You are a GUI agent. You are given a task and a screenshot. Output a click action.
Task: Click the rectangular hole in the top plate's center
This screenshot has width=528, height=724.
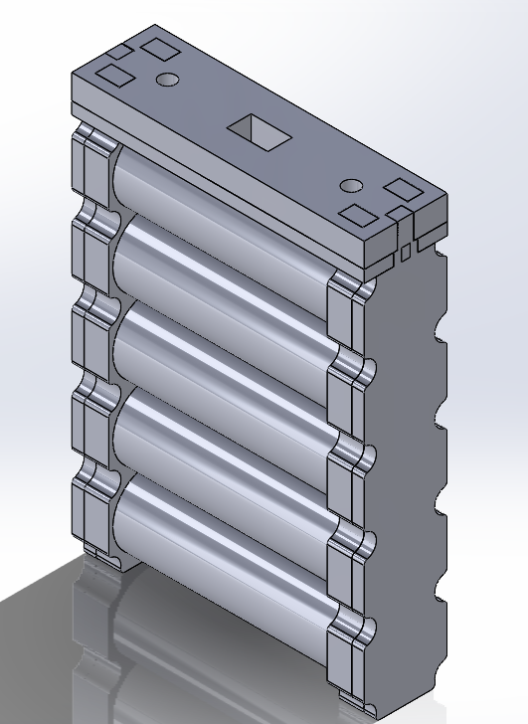tap(256, 131)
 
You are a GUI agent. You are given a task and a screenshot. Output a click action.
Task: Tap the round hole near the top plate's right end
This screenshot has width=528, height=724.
tap(351, 186)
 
